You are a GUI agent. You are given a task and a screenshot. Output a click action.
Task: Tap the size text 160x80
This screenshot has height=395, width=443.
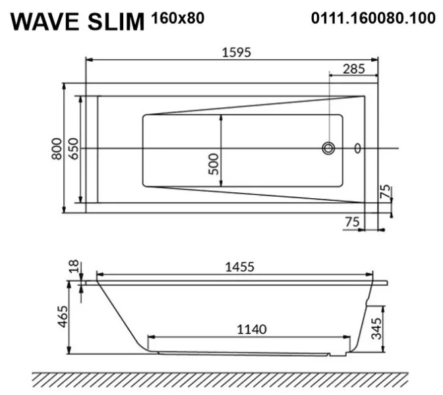tap(177, 19)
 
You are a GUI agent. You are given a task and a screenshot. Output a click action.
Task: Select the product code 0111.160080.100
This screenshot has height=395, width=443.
tap(372, 19)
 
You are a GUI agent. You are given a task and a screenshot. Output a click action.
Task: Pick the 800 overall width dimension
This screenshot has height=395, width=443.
tap(57, 149)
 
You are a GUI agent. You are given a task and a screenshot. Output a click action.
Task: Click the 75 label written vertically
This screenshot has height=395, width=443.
tap(386, 192)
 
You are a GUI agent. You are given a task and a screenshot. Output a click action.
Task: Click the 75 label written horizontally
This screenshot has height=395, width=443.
tap(352, 222)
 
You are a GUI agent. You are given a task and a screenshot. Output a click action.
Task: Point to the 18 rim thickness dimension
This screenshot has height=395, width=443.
tap(74, 266)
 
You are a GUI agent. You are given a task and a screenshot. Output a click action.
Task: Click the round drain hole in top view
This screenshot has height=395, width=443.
tap(328, 148)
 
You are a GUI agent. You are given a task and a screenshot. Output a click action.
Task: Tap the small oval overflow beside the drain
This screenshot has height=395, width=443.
tap(357, 148)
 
